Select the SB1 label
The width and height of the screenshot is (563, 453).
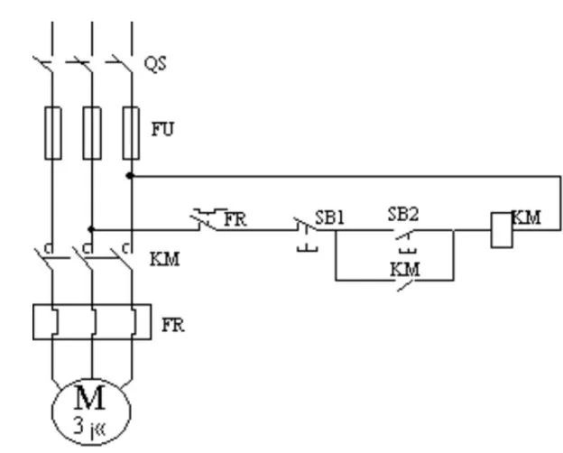click(330, 217)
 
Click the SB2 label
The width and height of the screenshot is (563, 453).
click(402, 214)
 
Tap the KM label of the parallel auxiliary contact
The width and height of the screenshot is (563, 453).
click(405, 268)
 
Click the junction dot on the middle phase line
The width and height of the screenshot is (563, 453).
click(91, 229)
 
